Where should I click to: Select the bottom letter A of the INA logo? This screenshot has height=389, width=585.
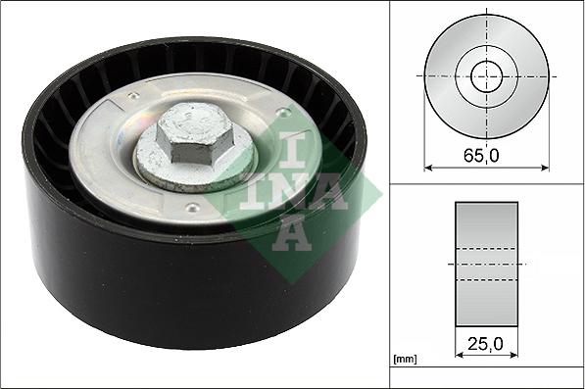295,232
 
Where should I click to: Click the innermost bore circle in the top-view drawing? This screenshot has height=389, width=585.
486,75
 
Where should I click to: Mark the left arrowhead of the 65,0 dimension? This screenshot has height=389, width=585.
429,168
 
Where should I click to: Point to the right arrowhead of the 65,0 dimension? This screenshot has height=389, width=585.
544,168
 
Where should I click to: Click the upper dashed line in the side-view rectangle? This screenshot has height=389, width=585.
486,249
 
